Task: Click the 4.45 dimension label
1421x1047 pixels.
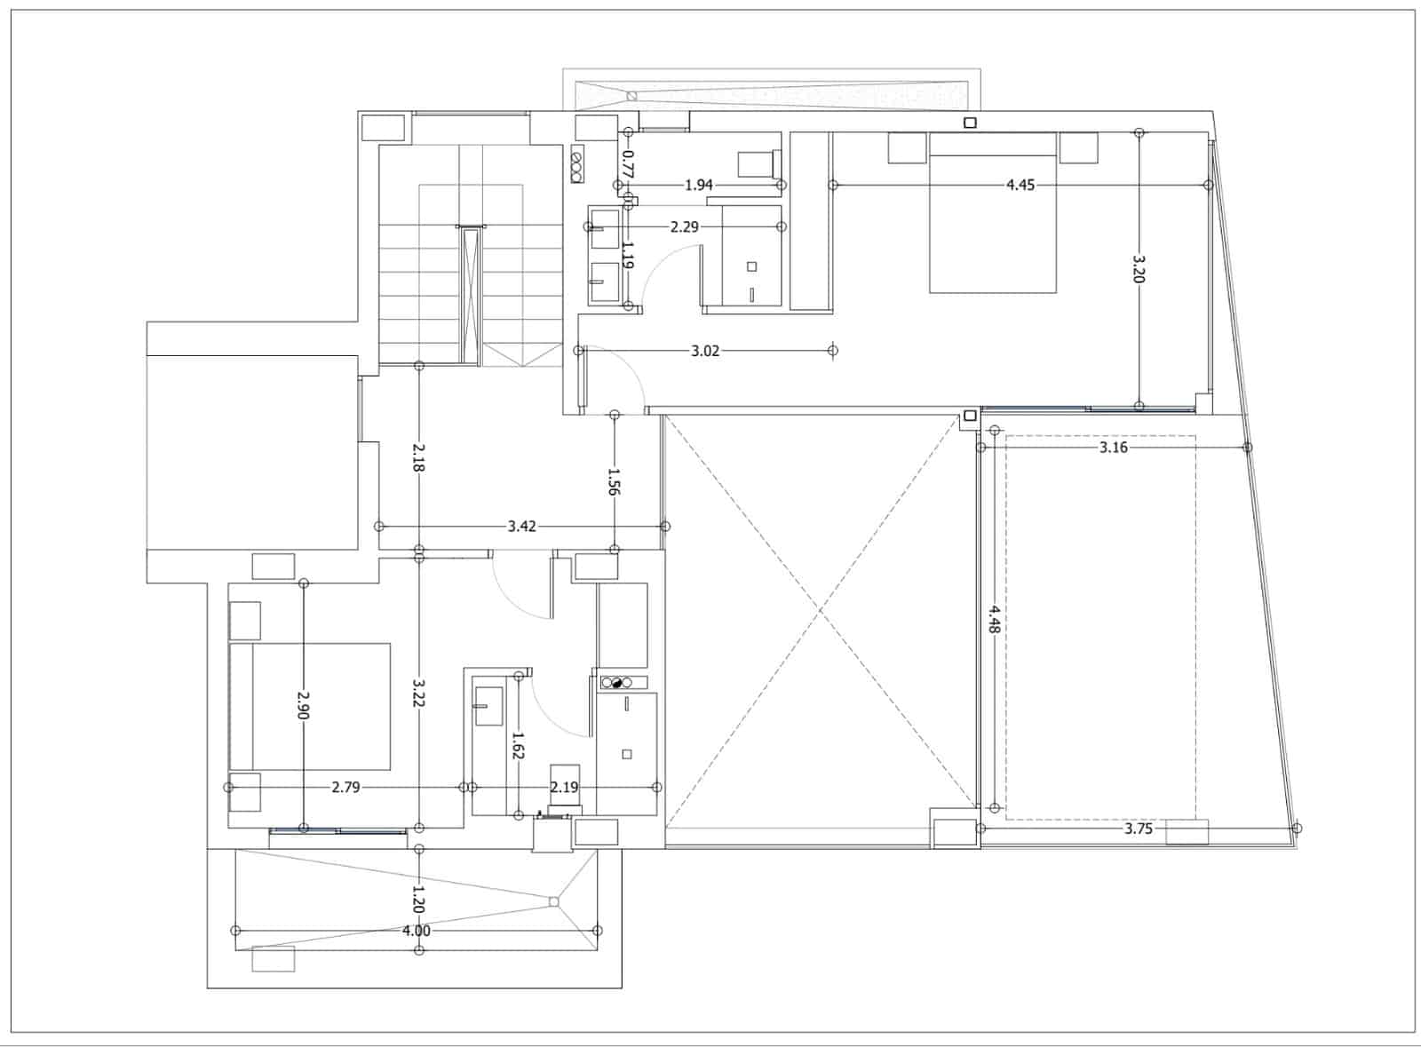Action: tap(1020, 186)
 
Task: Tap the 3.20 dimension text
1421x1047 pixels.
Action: tap(1139, 269)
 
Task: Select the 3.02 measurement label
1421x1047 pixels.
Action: tap(705, 351)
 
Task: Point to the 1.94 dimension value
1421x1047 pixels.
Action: tap(698, 186)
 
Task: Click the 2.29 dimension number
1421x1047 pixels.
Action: tap(685, 227)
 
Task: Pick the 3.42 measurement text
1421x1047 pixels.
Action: tap(521, 527)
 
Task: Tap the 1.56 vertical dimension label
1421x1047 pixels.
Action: tap(614, 481)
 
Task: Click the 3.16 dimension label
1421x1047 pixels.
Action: tap(1114, 448)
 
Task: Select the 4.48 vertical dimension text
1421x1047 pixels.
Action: tap(994, 620)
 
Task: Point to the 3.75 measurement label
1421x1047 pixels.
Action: tap(1138, 829)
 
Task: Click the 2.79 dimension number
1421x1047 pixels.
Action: tap(345, 787)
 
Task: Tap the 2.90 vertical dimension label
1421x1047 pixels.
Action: tap(303, 704)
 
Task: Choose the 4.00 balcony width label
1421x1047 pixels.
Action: tap(417, 931)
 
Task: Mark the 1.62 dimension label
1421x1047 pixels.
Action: tap(519, 745)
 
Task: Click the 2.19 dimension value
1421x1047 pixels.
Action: tap(564, 787)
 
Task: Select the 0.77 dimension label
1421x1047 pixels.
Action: tap(627, 163)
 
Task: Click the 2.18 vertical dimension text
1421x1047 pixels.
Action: tap(418, 457)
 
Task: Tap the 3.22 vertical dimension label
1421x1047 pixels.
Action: tap(418, 694)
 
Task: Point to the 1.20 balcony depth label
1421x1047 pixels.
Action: tap(418, 900)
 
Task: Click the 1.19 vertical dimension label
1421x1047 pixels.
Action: tap(627, 255)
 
